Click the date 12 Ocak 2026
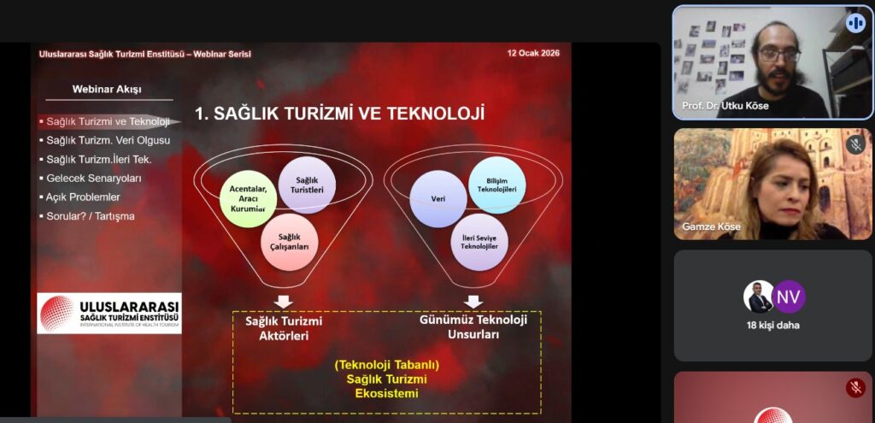tap(533, 54)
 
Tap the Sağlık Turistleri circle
tap(307, 185)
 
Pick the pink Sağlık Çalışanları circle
tap(289, 242)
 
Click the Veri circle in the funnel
tap(438, 198)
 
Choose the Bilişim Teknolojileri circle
tap(497, 185)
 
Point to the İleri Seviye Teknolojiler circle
tap(479, 242)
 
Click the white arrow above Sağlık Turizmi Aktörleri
tap(284, 302)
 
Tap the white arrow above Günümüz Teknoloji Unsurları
tap(473, 302)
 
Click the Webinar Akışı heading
tap(107, 89)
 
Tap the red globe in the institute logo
tap(57, 314)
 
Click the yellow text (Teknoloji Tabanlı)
tap(387, 366)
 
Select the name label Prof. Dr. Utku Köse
tap(725, 105)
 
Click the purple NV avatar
tap(789, 297)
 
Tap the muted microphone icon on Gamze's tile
tap(855, 145)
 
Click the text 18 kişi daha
tap(773, 326)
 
